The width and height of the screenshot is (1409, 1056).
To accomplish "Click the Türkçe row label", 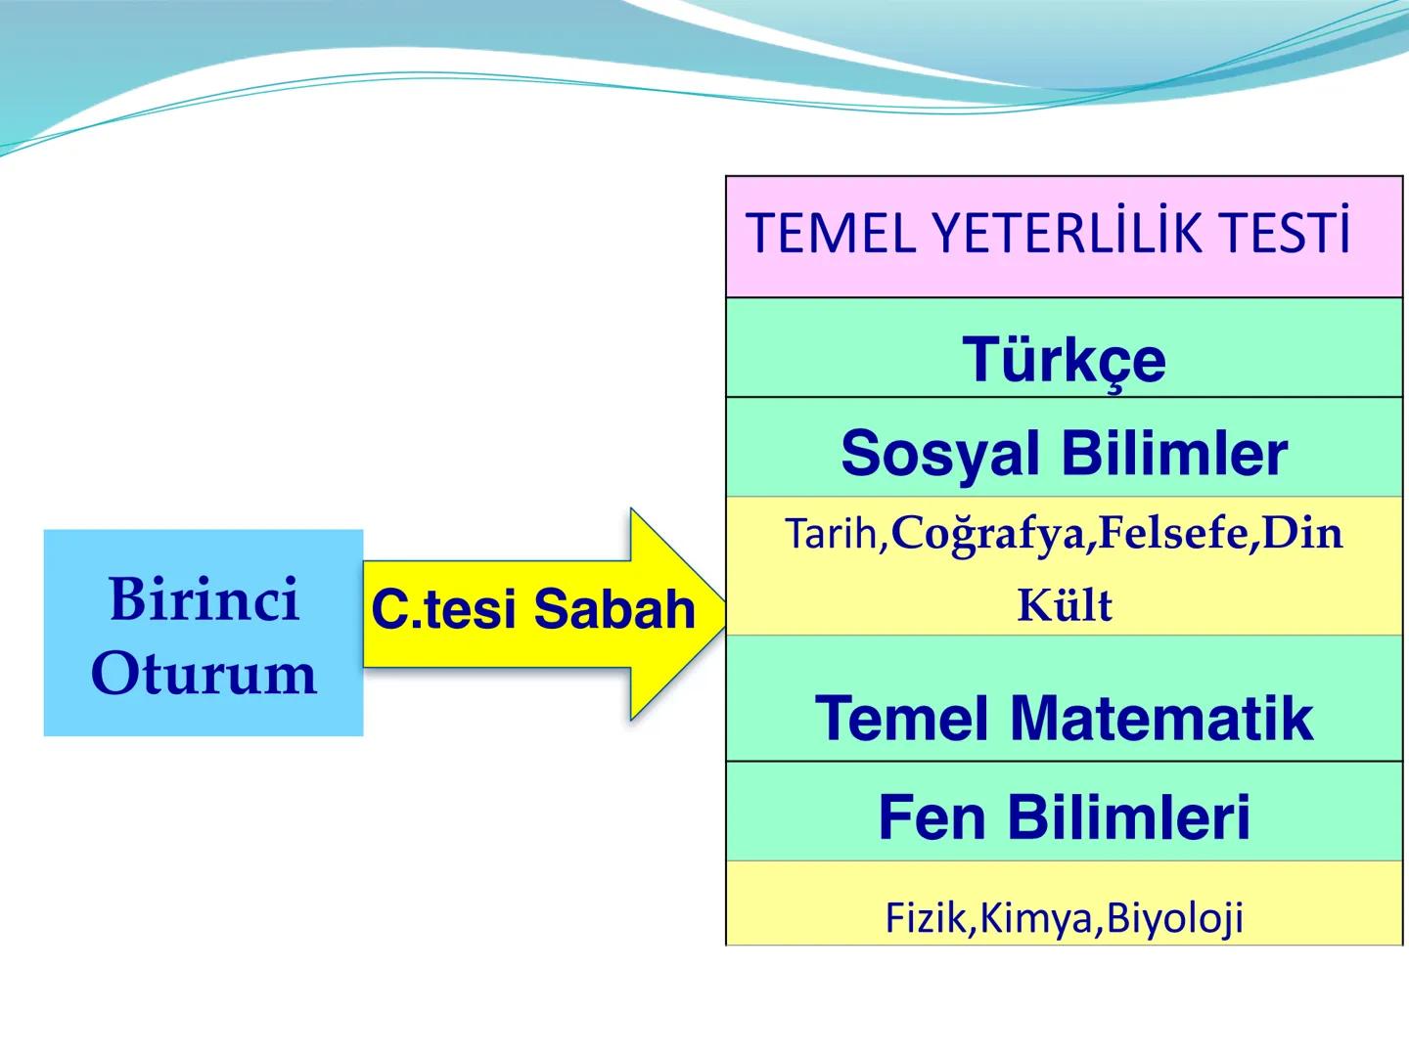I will [1064, 360].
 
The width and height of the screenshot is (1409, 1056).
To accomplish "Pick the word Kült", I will [1064, 606].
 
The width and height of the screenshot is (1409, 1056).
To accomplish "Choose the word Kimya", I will [1038, 918].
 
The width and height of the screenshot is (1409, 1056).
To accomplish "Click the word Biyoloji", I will [1174, 918].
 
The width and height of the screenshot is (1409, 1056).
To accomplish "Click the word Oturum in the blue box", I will [204, 674].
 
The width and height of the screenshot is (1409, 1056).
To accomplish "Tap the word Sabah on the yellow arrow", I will [614, 609].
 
